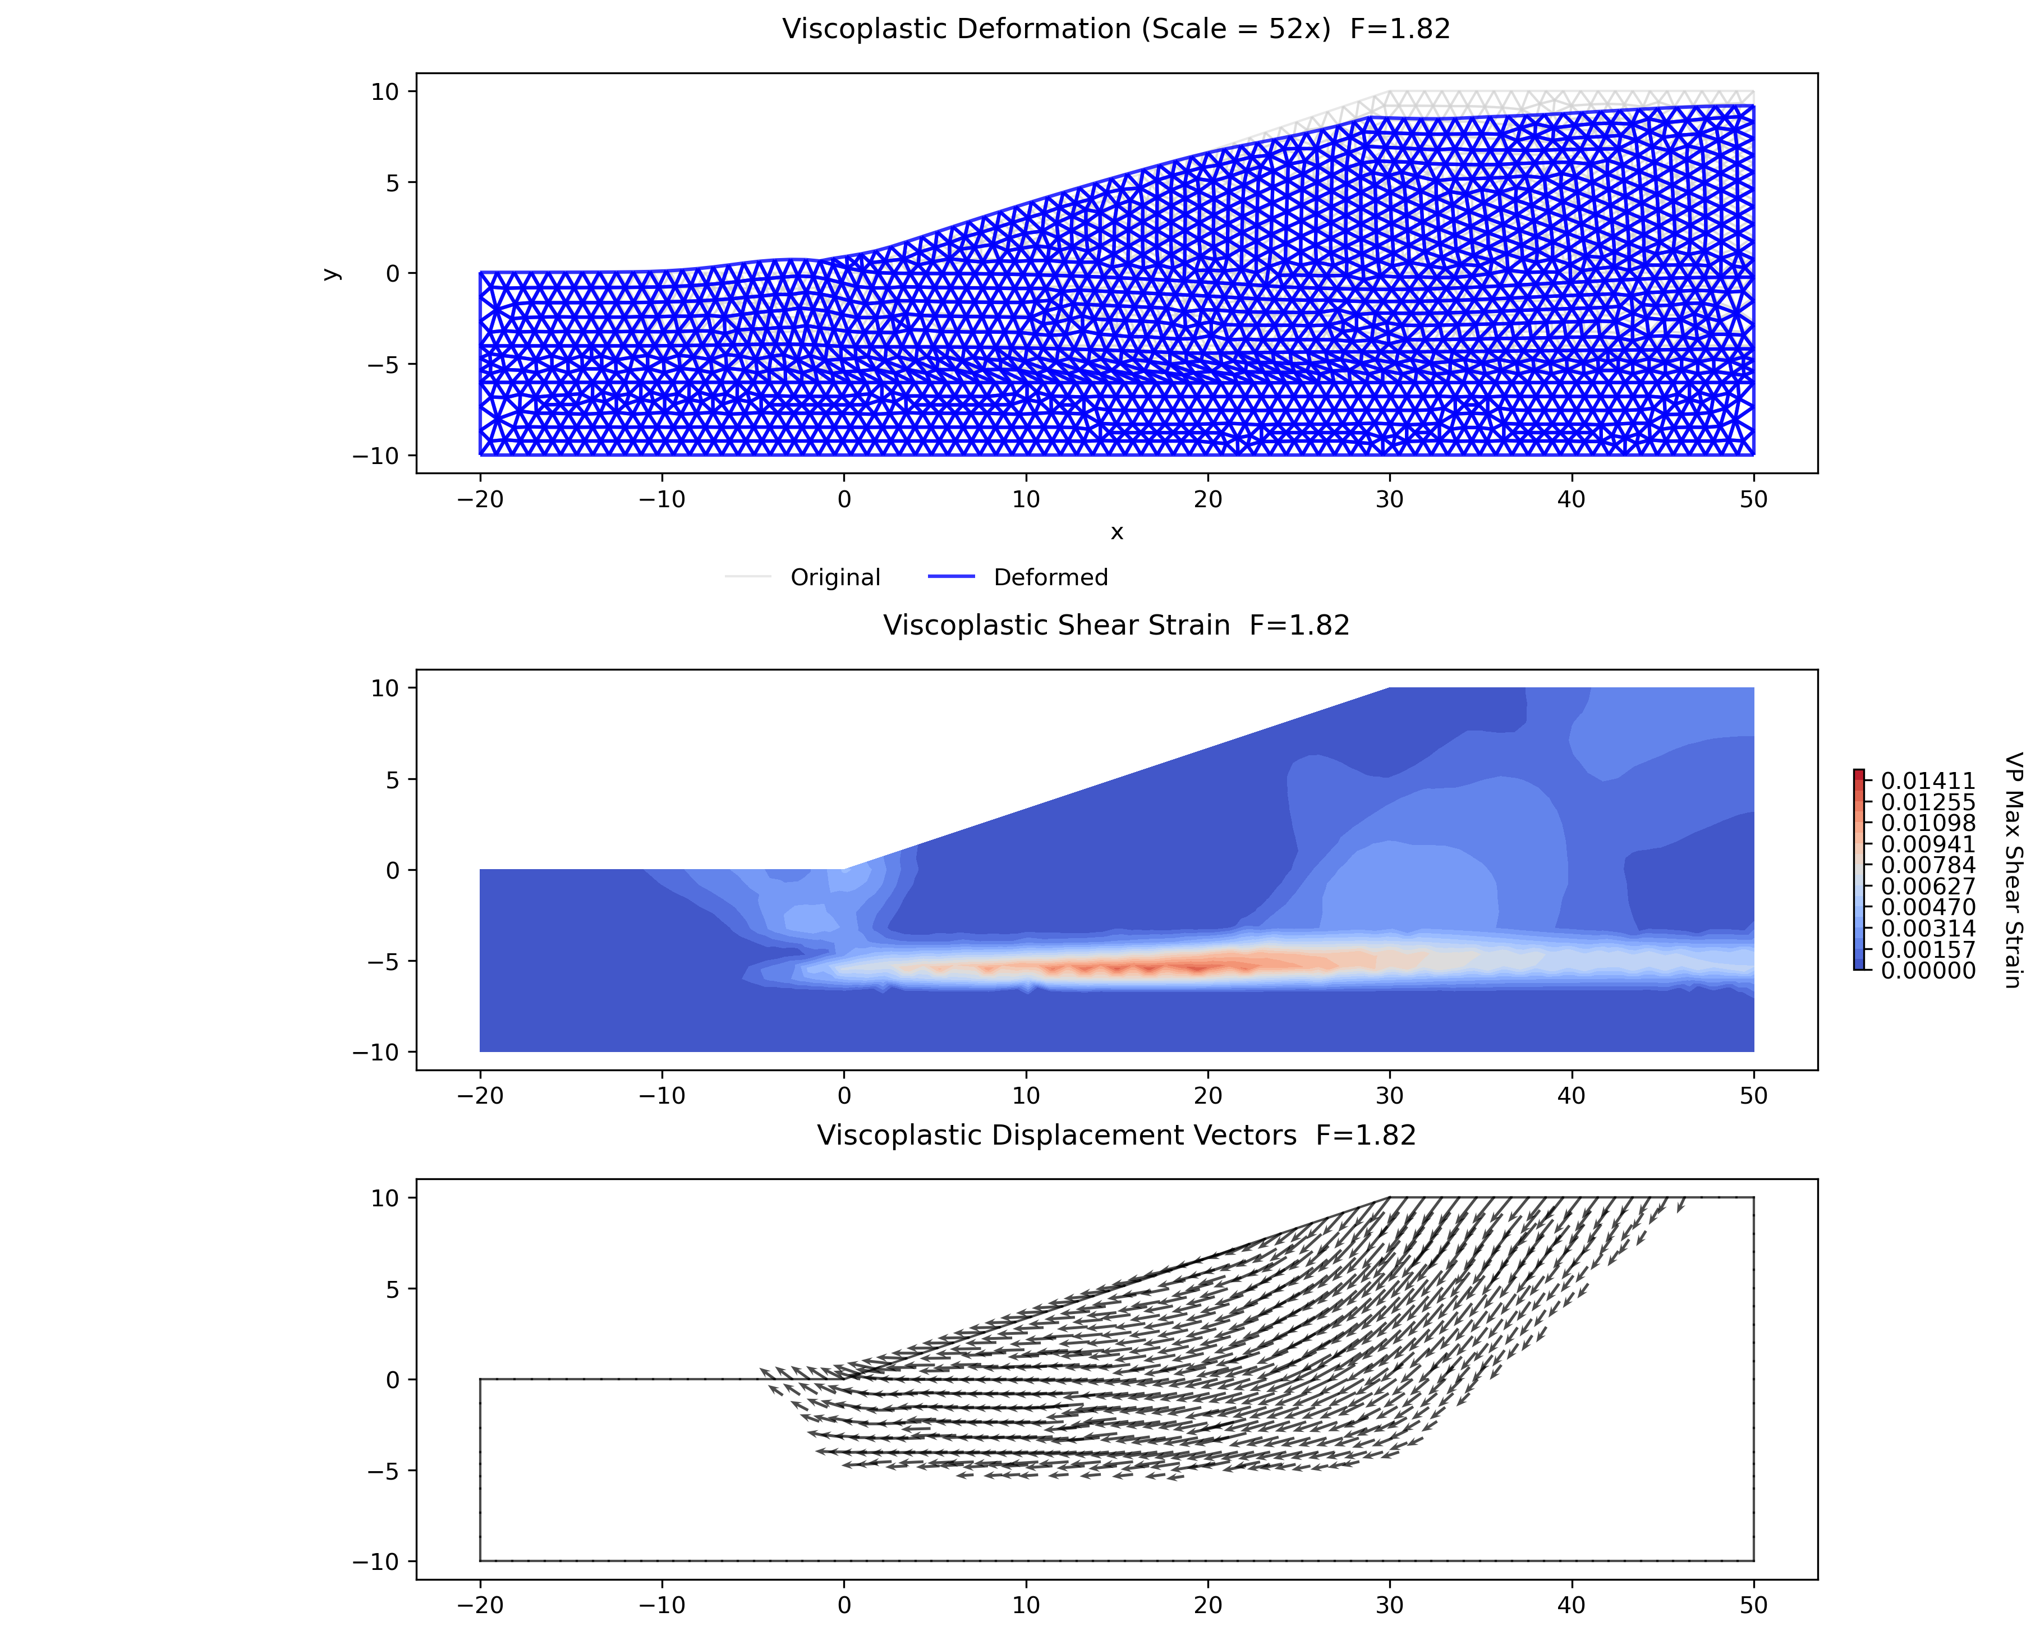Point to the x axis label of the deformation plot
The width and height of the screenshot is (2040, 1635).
[x=1117, y=532]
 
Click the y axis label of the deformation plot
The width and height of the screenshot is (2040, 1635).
[x=330, y=273]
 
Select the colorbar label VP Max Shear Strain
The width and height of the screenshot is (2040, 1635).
[x=2014, y=870]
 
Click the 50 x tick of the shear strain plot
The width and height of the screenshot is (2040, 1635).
[x=1753, y=1096]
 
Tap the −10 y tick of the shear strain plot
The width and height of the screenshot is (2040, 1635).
[x=376, y=1052]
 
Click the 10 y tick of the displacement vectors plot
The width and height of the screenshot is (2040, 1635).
[x=386, y=1198]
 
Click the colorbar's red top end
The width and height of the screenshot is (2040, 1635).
[x=1859, y=773]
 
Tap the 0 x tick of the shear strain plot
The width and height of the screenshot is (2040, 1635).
[x=844, y=1096]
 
